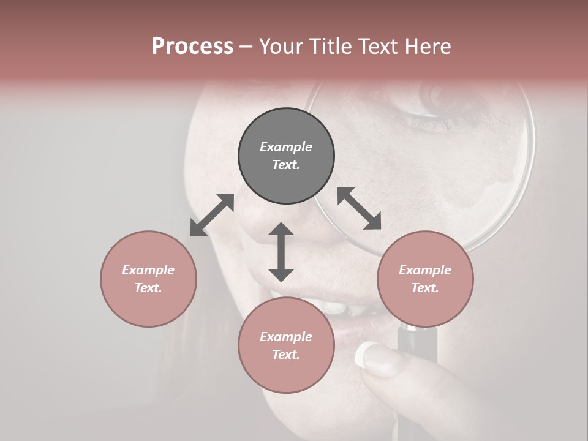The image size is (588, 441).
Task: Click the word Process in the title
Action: click(192, 47)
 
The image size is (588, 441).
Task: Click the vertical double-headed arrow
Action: click(281, 252)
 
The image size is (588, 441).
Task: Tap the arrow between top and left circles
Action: click(212, 215)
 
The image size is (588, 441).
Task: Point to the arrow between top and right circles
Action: click(360, 208)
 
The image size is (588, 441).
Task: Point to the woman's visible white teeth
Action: click(331, 306)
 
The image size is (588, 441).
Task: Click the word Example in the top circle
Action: click(286, 147)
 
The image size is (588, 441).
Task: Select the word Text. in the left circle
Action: click(148, 288)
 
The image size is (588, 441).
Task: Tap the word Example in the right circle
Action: click(425, 270)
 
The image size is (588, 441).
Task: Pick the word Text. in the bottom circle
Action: click(286, 355)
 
